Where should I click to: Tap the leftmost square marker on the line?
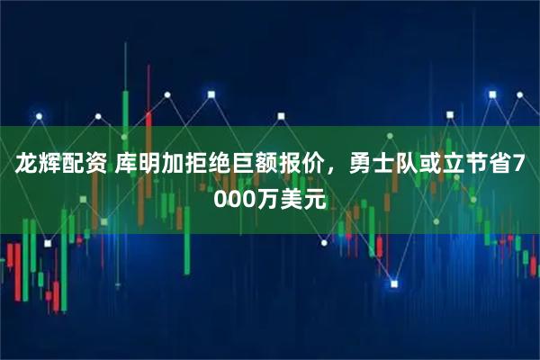[39, 114]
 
